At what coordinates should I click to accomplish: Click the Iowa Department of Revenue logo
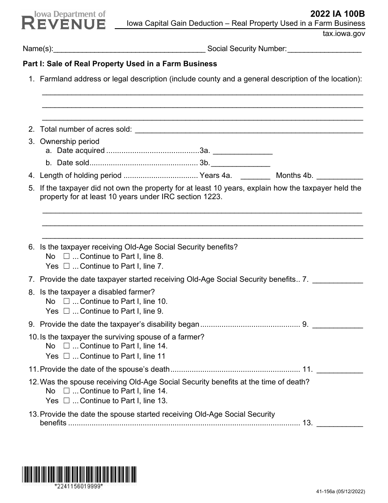63,20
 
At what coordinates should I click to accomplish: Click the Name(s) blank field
129,49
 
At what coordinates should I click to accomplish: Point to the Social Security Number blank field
324,49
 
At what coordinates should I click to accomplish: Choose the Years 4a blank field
255,176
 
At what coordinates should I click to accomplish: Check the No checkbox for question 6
67,257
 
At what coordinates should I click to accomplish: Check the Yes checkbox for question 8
67,311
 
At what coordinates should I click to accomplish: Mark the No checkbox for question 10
67,346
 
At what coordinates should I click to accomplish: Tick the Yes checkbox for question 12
67,401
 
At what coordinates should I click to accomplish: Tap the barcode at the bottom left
79,475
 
